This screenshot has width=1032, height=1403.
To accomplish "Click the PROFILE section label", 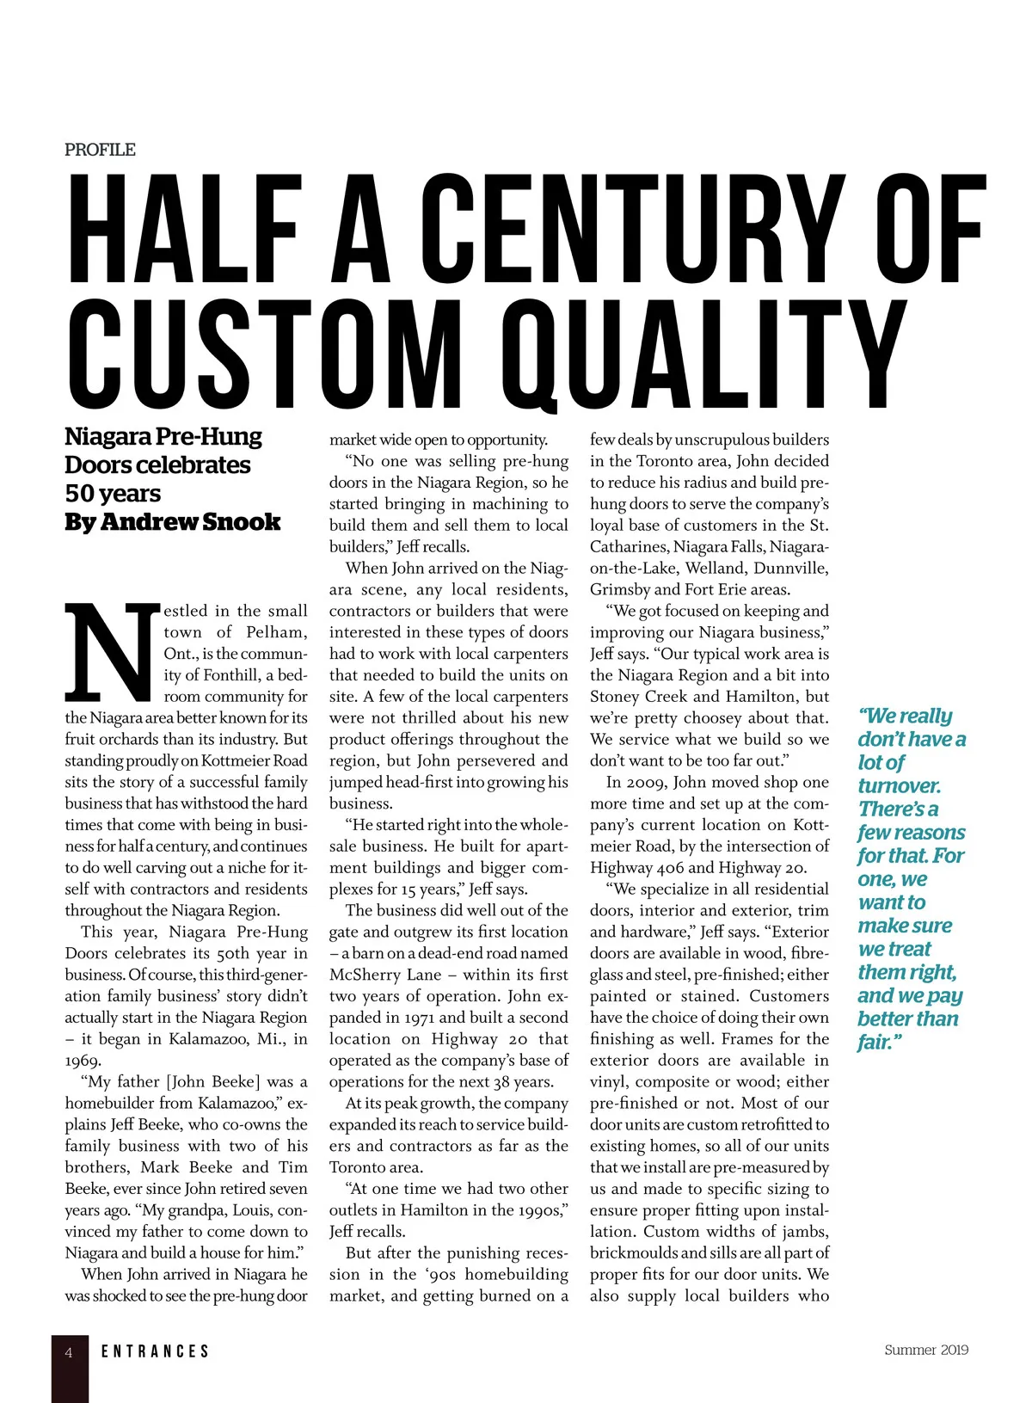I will tap(100, 150).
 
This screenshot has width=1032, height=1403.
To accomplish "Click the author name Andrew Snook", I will tap(190, 522).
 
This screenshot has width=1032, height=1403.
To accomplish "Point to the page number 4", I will tap(70, 1352).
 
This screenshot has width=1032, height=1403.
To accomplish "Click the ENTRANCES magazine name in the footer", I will tap(155, 1352).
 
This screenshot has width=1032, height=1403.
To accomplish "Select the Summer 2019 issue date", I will tap(926, 1350).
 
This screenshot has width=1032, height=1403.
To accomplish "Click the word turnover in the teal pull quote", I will tap(899, 785).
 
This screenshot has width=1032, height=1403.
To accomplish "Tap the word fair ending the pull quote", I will tap(876, 1043).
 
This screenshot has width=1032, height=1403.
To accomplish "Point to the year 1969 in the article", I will tap(83, 1061).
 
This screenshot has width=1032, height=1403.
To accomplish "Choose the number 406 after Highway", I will tap(674, 868).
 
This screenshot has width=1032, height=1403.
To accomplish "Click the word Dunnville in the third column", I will tap(793, 568).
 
